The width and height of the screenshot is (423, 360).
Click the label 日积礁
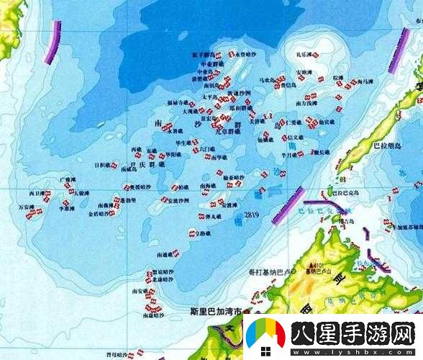[104, 165]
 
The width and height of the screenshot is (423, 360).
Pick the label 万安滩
[27, 207]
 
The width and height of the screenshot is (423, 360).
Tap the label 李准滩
[66, 209]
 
